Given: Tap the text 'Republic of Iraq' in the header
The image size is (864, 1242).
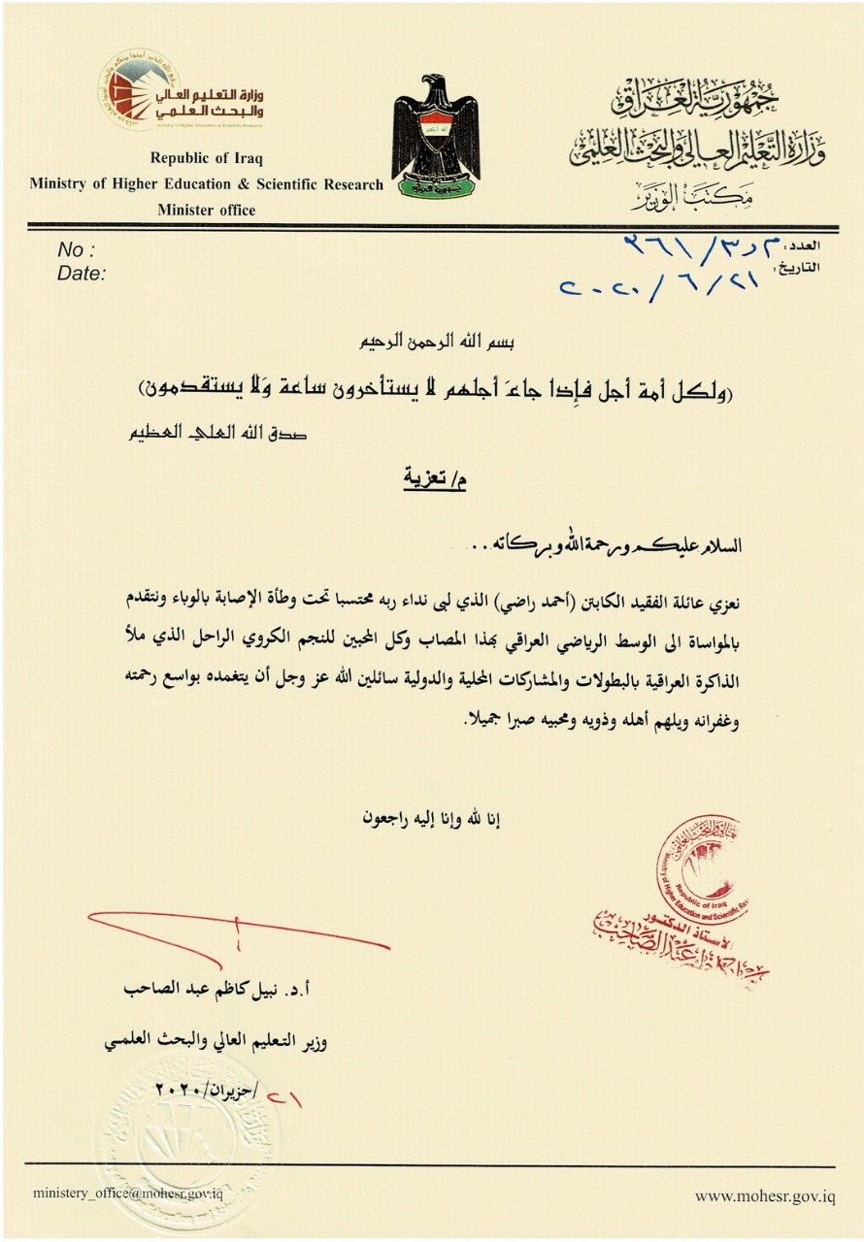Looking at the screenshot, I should [206, 158].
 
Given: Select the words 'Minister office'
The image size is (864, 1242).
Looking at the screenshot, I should [206, 210].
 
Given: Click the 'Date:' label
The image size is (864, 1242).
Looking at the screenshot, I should [82, 275].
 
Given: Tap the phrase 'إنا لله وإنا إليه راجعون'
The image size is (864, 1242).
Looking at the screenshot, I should [433, 818].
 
